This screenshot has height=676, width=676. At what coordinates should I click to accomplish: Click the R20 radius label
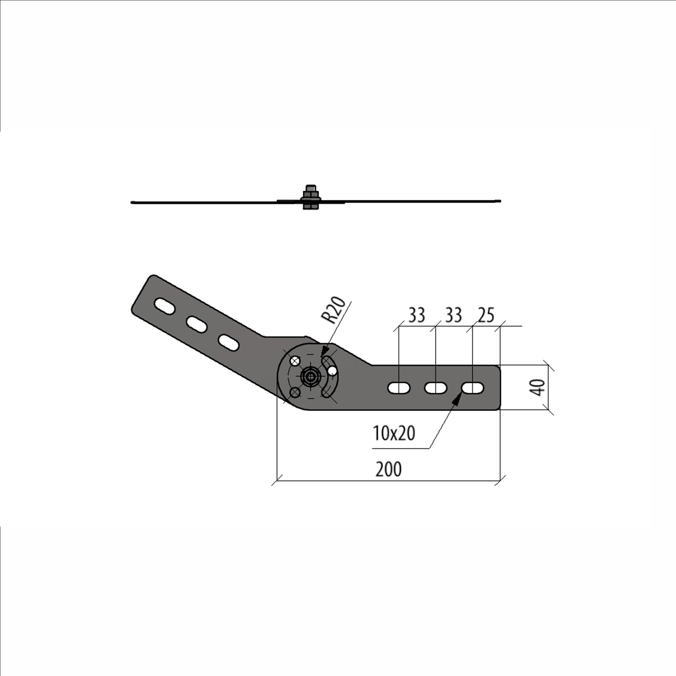pos(333,310)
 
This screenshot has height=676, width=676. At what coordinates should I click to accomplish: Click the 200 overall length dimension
pos(389,469)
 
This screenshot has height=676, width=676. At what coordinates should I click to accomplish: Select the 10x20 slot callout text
pos(394,433)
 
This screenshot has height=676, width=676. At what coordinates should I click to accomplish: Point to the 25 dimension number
pos(486,315)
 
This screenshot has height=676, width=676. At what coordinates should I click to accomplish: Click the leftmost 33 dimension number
pos(416,315)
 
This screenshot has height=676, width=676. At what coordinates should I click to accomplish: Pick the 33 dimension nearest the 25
pos(453,315)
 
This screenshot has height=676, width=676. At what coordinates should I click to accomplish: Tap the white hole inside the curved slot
pos(332,371)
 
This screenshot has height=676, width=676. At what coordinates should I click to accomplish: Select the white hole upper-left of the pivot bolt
pos(295,361)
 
